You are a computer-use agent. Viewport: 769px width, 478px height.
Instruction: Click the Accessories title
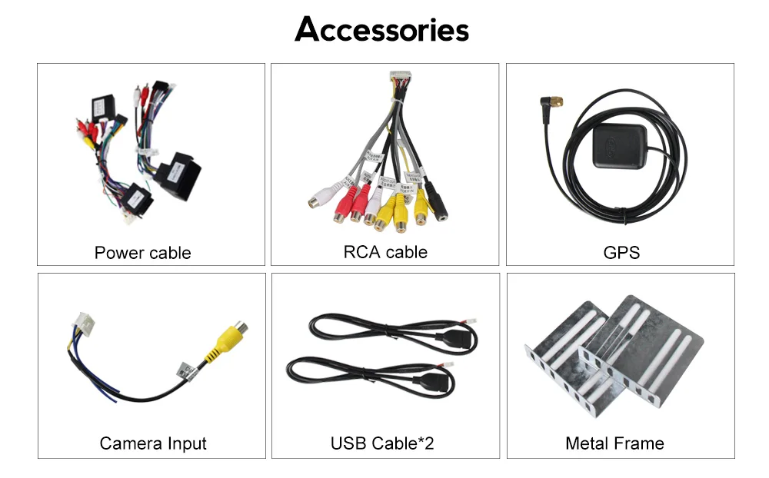click(382, 30)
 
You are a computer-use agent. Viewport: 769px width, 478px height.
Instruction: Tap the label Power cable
click(142, 253)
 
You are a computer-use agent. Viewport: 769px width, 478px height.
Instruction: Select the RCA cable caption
click(384, 252)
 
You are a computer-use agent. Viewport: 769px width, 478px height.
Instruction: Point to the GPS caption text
click(621, 253)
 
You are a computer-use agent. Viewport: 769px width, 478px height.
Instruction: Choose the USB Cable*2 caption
click(382, 443)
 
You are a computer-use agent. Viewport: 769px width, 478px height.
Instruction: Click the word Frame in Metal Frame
click(639, 443)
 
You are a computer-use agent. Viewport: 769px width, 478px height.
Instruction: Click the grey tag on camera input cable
click(184, 371)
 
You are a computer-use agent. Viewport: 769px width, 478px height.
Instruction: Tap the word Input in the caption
click(185, 443)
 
